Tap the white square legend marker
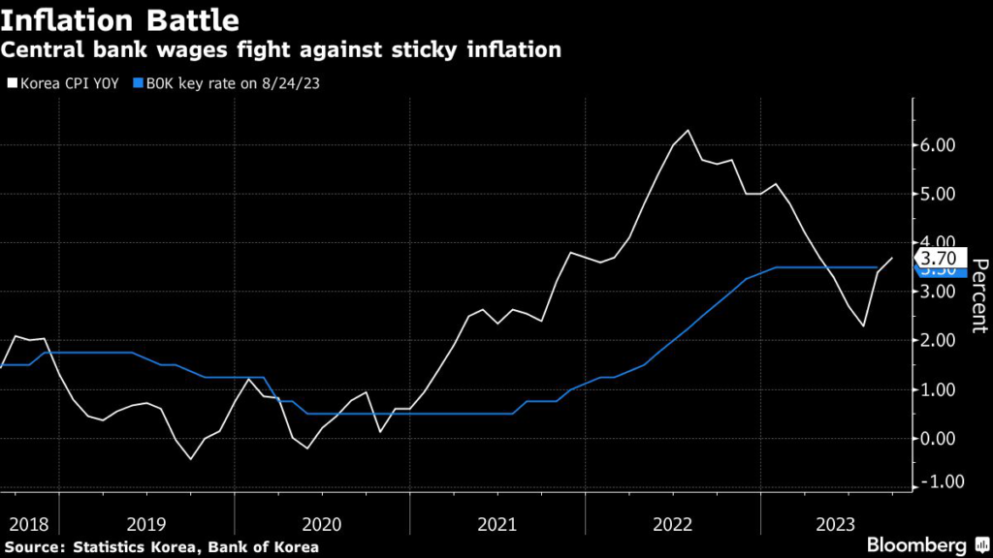click(12, 83)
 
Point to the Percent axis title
click(978, 295)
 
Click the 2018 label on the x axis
click(29, 524)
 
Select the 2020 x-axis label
click(322, 524)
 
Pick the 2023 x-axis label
click(836, 524)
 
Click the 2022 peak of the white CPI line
click(688, 130)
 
